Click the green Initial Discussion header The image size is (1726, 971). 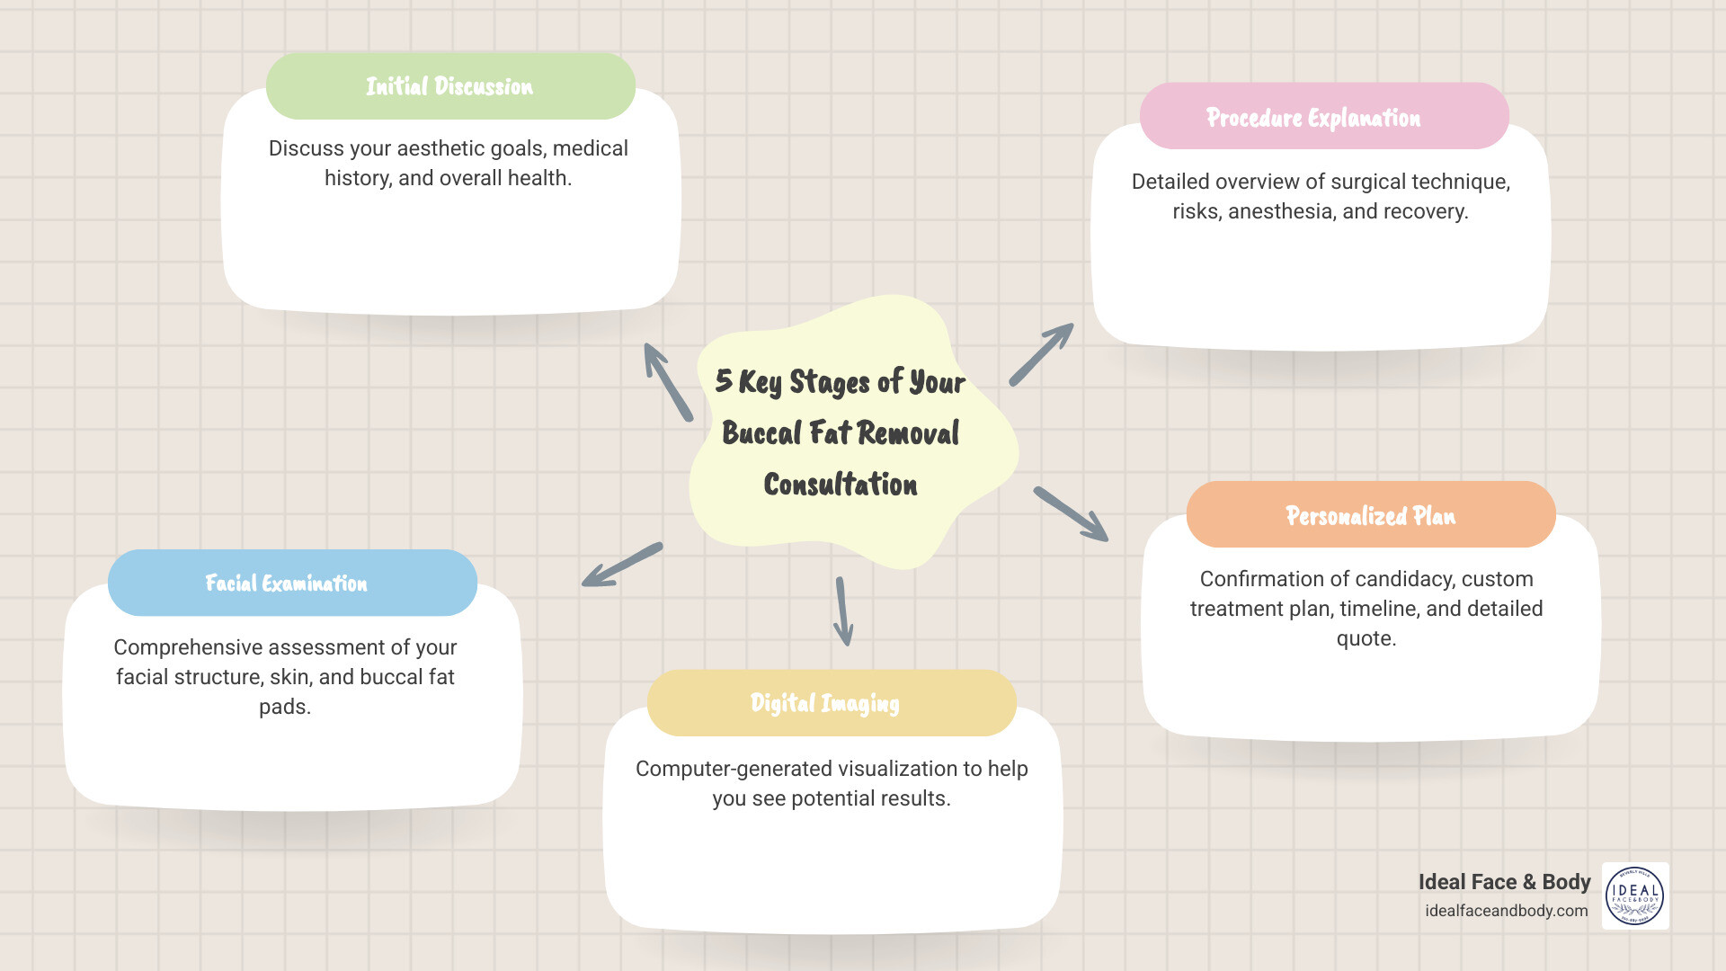pyautogui.click(x=450, y=86)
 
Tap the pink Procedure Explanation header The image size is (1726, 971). pyautogui.click(x=1323, y=117)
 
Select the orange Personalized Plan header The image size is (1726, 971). pyautogui.click(x=1370, y=515)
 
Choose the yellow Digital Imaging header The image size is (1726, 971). pyautogui.click(x=831, y=703)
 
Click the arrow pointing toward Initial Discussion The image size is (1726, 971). pyautogui.click(x=667, y=382)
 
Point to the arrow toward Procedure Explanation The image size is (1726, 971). pyautogui.click(x=1041, y=354)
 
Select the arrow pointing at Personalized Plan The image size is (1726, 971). pyautogui.click(x=1071, y=514)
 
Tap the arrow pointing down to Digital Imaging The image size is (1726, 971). pyautogui.click(x=843, y=611)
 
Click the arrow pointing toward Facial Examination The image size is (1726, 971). pyautogui.click(x=622, y=565)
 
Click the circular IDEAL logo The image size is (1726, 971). pyautogui.click(x=1634, y=896)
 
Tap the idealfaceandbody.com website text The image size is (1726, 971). pyautogui.click(x=1506, y=911)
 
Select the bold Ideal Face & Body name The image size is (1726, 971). pyautogui.click(x=1504, y=882)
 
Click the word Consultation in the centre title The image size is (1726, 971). pyautogui.click(x=841, y=485)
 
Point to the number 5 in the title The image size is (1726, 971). pyautogui.click(x=724, y=380)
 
